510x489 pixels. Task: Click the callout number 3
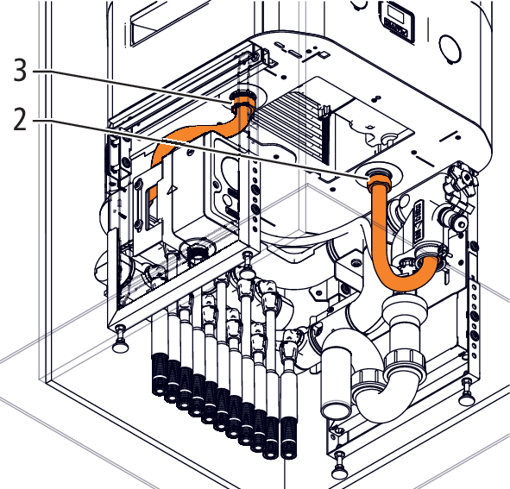pyautogui.click(x=20, y=70)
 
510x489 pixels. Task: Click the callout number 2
pyautogui.click(x=20, y=119)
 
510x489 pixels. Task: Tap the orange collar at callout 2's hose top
pyautogui.click(x=380, y=181)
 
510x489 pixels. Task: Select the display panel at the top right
pyautogui.click(x=398, y=22)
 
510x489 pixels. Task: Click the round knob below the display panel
pyautogui.click(x=450, y=47)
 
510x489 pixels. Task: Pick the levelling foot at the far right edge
pyautogui.click(x=467, y=392)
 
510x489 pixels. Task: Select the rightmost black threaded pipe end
pyautogui.click(x=287, y=437)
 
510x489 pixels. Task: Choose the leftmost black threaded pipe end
pyautogui.click(x=159, y=375)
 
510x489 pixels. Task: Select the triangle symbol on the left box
pyautogui.click(x=172, y=191)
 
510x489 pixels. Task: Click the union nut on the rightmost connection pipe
pyautogui.click(x=289, y=349)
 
